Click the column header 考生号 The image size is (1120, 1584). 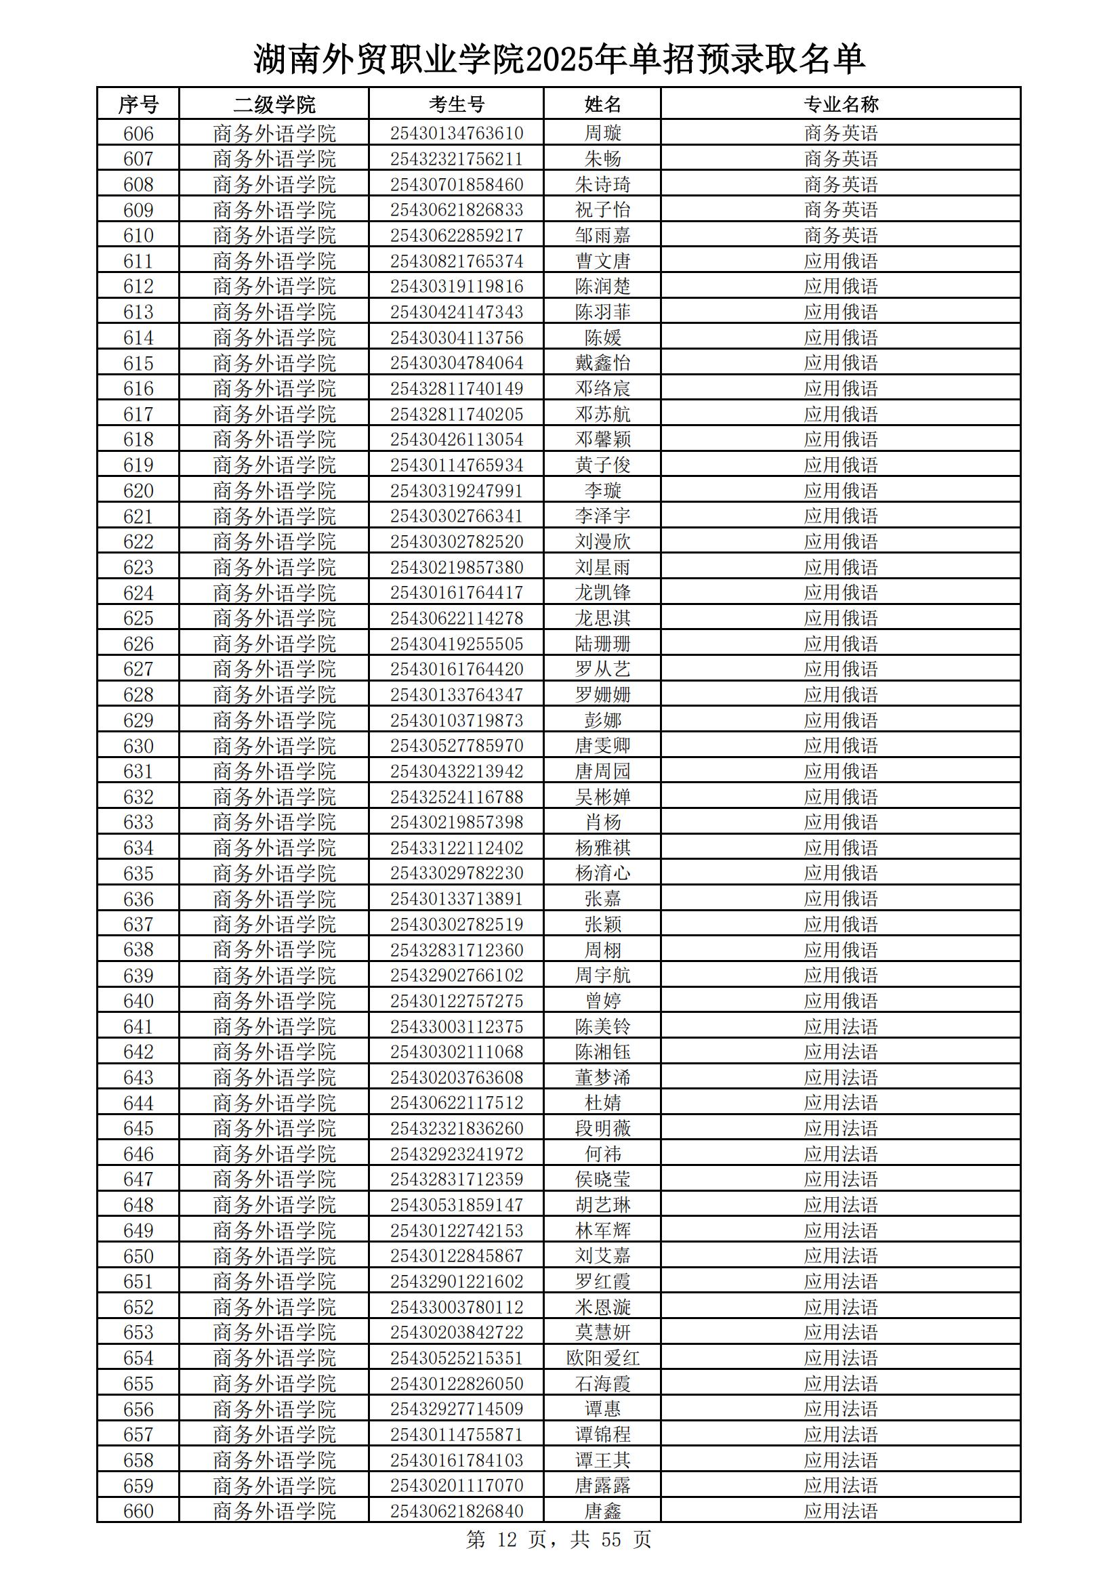point(456,104)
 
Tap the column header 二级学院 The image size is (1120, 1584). point(274,104)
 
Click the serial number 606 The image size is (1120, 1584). point(138,133)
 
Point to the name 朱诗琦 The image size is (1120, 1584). point(602,184)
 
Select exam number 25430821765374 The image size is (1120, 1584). point(456,261)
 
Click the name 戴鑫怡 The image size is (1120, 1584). point(602,363)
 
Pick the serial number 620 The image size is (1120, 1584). point(138,491)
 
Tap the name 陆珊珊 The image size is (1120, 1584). point(602,644)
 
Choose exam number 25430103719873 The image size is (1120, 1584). point(456,720)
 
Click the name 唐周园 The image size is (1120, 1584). point(602,771)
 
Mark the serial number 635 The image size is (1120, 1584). point(138,873)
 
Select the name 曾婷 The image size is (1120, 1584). point(602,1001)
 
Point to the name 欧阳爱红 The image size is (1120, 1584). point(602,1358)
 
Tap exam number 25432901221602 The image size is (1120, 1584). point(456,1281)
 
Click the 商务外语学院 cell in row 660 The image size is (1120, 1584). point(274,1511)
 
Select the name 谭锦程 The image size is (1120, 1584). point(602,1434)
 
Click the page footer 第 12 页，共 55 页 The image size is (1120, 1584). point(558,1540)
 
